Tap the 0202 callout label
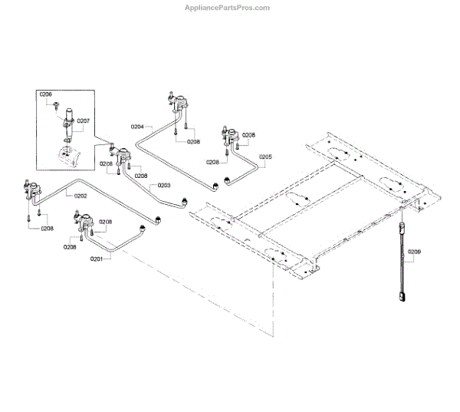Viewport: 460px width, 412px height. coord(80,196)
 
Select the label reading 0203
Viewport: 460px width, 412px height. coord(164,185)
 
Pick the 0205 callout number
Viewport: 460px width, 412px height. coord(265,157)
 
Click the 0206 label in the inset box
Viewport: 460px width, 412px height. coord(46,94)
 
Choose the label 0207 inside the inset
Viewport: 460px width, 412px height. coord(83,120)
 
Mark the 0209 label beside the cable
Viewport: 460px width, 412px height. coord(414,252)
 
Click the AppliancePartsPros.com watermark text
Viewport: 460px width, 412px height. coord(228,8)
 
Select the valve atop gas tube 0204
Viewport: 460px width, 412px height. coord(178,102)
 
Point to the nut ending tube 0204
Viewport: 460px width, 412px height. coord(227,181)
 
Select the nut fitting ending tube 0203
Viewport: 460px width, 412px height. coord(185,202)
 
